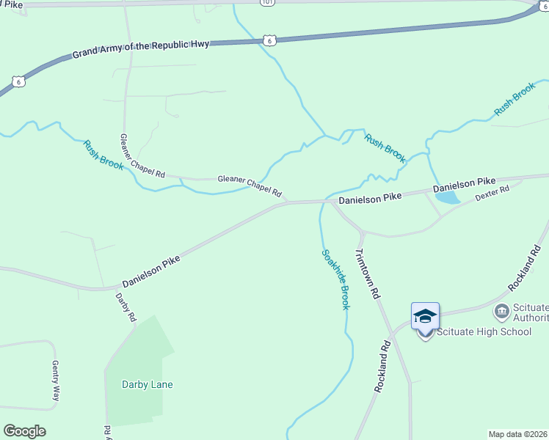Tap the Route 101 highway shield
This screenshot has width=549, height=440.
pos(267,3)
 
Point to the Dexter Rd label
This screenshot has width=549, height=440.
pos(492,194)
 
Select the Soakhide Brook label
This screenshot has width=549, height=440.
pos(335,279)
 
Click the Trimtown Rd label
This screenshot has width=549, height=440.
pos(367,273)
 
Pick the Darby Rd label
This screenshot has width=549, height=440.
pos(126,308)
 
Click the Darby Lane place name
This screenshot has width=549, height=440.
pos(147,384)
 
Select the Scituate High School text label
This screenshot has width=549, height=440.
pos(484,331)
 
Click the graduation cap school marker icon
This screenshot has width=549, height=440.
pos(425,316)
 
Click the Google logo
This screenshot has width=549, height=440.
pos(24,431)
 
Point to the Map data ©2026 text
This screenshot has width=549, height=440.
pos(517,434)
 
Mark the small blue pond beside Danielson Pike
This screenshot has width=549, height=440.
pos(448,197)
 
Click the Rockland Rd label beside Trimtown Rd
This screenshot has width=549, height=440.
pos(383,365)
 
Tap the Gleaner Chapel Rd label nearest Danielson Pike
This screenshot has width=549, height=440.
pos(250,186)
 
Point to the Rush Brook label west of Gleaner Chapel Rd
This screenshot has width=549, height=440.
pos(103,155)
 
